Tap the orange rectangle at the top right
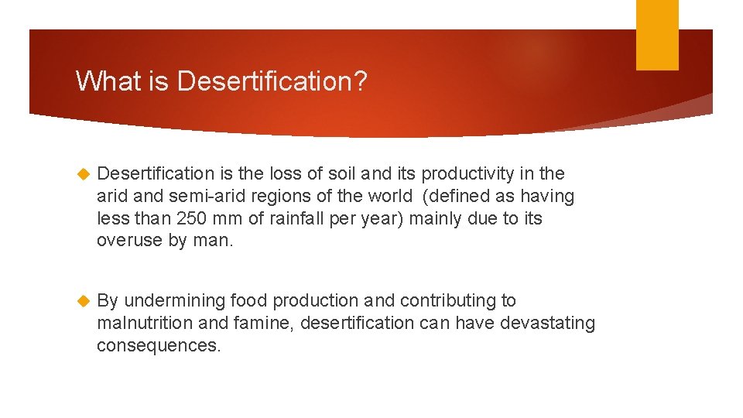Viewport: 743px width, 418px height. click(657, 35)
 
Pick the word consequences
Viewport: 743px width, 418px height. click(159, 345)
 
